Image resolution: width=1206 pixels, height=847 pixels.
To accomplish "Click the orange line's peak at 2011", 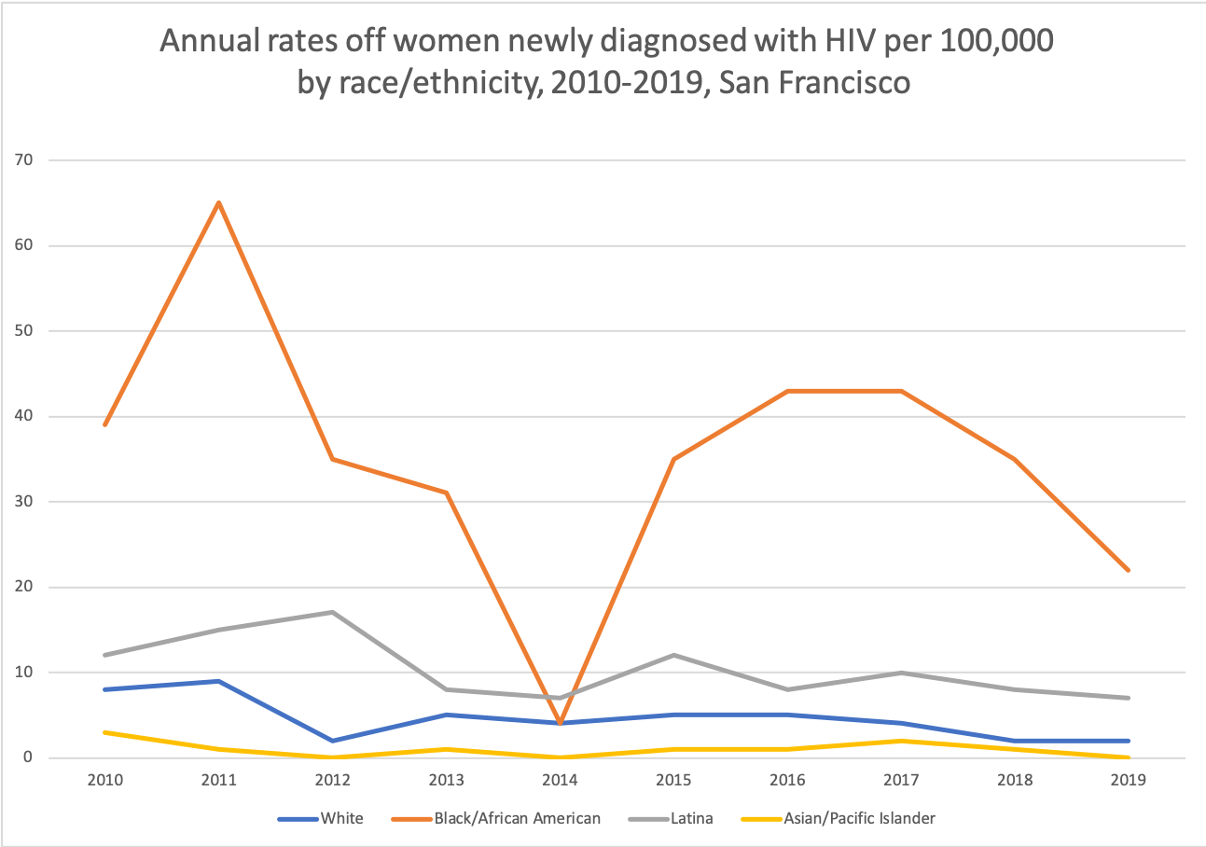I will pos(218,202).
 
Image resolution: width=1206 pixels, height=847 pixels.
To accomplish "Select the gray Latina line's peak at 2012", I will pos(332,612).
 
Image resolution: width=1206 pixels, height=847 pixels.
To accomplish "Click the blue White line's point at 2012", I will pos(332,741).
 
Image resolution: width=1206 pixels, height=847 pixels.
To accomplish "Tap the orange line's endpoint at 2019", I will pos(1129,570).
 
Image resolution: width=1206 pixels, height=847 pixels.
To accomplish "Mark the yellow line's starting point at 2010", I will pos(104,732).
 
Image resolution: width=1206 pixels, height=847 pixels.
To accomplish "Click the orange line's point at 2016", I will pos(787,391).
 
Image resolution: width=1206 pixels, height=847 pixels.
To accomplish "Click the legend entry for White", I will pos(321,818).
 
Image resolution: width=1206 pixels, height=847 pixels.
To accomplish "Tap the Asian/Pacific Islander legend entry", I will pos(837,818).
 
